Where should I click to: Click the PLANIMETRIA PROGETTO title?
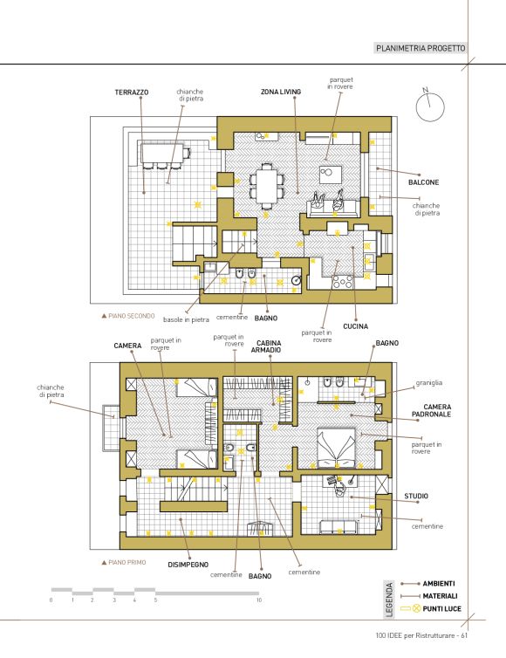[x=421, y=48]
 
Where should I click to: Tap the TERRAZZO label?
[x=132, y=93]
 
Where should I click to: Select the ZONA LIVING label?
[x=281, y=92]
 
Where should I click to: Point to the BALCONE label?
[x=424, y=182]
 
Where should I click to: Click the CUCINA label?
[x=355, y=326]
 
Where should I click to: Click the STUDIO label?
[x=416, y=496]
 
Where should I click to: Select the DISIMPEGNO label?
[x=188, y=565]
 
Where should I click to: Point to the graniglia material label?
[x=429, y=383]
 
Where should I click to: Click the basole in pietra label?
[x=186, y=319]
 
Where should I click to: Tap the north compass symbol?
[x=429, y=107]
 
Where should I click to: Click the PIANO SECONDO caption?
[x=128, y=316]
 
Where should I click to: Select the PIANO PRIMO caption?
[x=124, y=562]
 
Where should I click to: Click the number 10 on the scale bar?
[x=259, y=600]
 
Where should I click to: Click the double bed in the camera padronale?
[x=336, y=449]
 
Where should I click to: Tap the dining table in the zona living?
[x=267, y=185]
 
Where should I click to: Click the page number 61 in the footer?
[x=464, y=635]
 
